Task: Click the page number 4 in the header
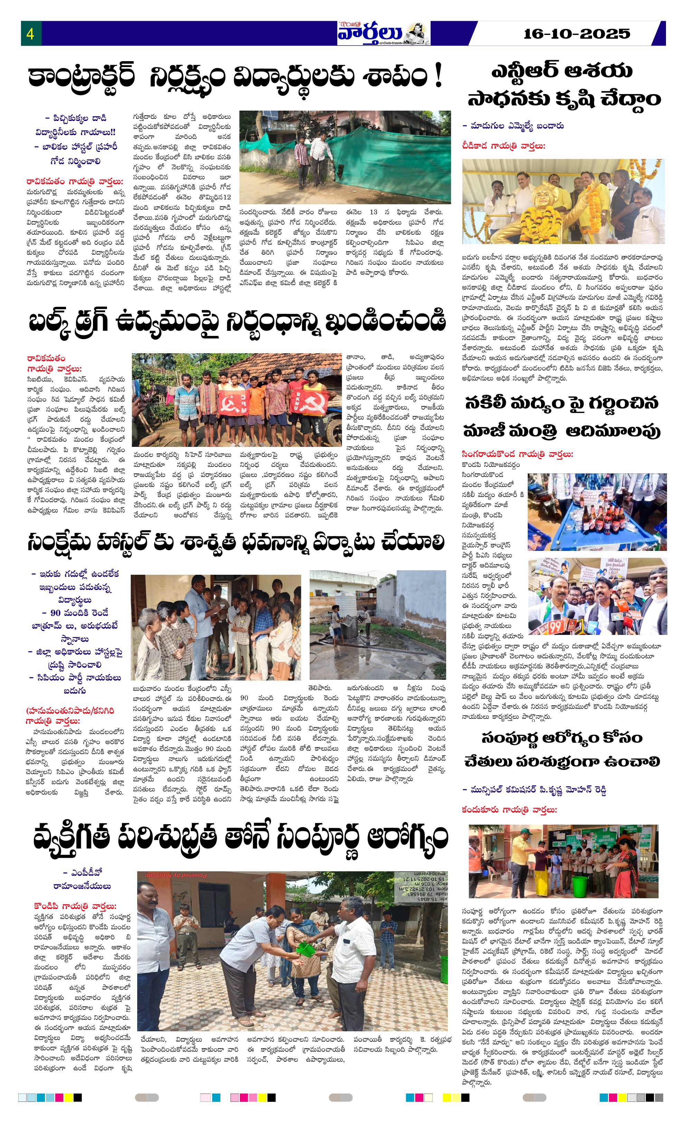(30, 34)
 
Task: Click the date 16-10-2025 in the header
(576, 34)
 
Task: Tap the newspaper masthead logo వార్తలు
(371, 33)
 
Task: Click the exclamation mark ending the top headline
(438, 76)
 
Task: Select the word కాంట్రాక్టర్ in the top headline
(81, 76)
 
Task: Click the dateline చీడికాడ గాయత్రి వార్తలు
(503, 146)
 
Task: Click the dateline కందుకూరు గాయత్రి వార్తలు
(509, 809)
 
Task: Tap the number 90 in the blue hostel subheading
(55, 613)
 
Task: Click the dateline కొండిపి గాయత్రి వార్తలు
(75, 906)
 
